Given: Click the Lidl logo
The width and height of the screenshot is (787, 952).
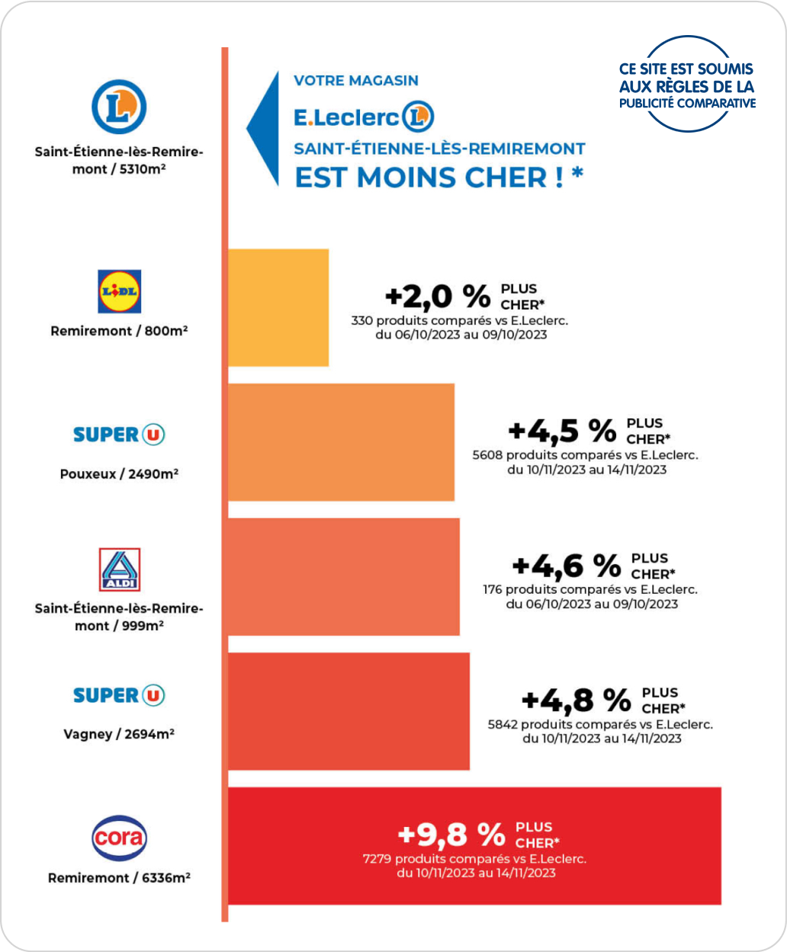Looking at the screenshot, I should click(120, 291).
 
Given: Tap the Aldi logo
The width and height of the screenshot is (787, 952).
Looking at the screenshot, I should click(120, 569).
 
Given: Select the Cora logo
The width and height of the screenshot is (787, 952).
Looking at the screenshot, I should click(119, 838).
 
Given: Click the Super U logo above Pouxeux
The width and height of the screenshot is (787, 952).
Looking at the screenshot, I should click(119, 434).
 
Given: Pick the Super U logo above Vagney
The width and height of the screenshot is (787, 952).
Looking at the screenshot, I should click(119, 695).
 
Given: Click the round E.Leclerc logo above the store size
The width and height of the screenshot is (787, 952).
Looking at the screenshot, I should click(119, 107).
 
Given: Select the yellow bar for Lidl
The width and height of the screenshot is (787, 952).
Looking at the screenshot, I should click(278, 307).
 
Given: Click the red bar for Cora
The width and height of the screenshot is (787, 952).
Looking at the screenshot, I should click(474, 845).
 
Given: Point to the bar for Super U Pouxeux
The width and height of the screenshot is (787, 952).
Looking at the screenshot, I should click(341, 442).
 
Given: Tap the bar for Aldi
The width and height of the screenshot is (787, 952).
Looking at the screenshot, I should click(344, 576).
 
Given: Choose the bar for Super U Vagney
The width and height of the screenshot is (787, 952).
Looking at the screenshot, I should click(349, 710).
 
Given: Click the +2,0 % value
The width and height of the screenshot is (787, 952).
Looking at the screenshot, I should click(437, 295).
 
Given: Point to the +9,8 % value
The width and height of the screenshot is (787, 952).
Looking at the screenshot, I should click(451, 835).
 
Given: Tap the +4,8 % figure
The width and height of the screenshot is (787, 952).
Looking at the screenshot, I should click(577, 700).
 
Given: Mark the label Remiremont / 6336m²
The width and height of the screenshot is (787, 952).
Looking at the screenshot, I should click(119, 878).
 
